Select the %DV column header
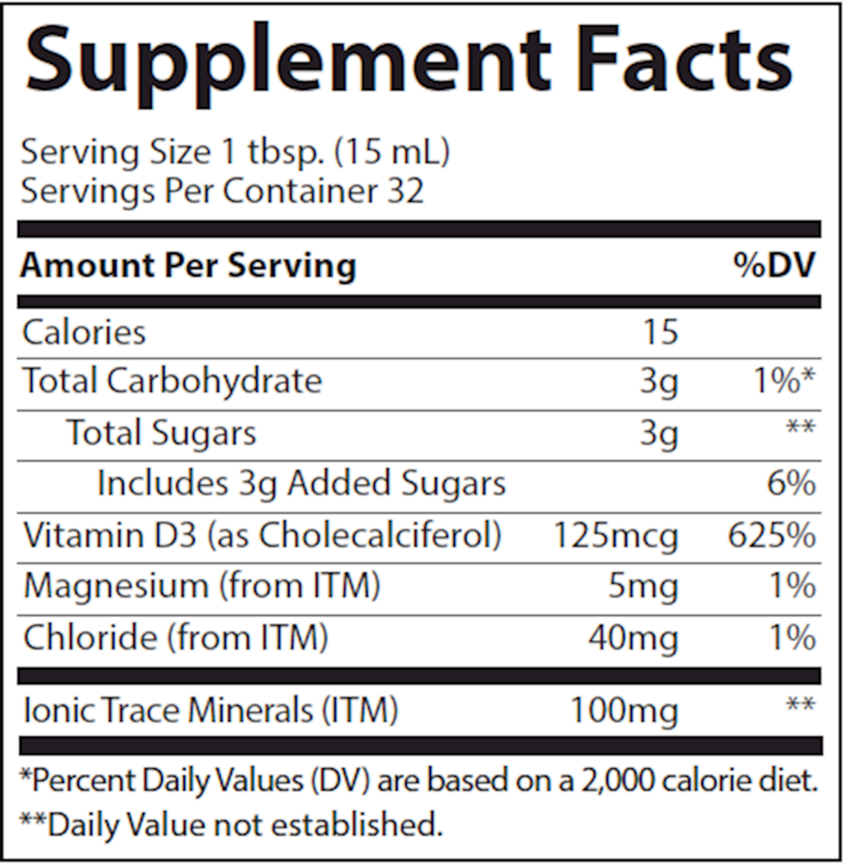pyautogui.click(x=774, y=265)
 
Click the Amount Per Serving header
pyautogui.click(x=187, y=265)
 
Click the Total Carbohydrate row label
pyautogui.click(x=172, y=381)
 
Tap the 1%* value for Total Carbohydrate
pyautogui.click(x=781, y=381)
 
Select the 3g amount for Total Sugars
pyautogui.click(x=659, y=433)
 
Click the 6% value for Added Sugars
pyautogui.click(x=790, y=484)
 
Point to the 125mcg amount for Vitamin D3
pyautogui.click(x=616, y=536)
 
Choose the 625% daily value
pyautogui.click(x=771, y=536)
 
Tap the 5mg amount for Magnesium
pyautogui.click(x=644, y=587)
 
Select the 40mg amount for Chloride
pyautogui.click(x=634, y=638)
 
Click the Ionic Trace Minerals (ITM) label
pyautogui.click(x=210, y=711)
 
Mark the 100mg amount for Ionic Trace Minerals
pyautogui.click(x=625, y=711)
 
